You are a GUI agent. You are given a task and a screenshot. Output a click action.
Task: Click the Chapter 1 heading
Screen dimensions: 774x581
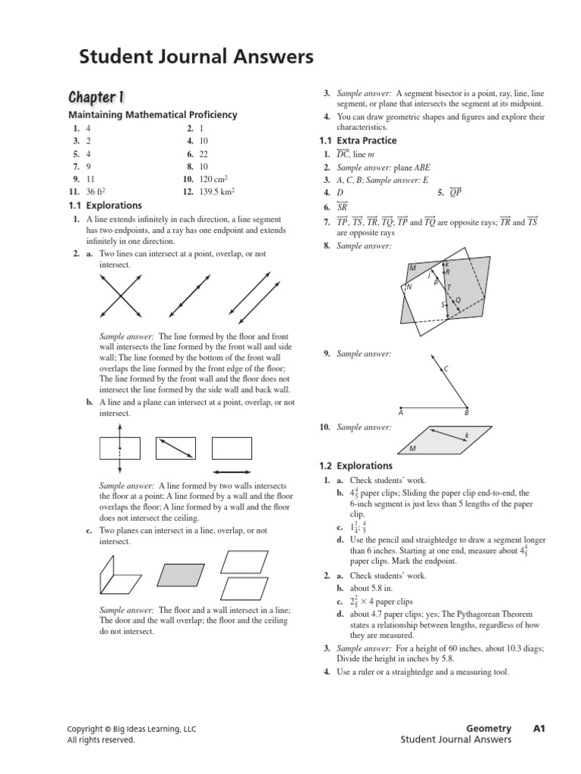click(x=96, y=97)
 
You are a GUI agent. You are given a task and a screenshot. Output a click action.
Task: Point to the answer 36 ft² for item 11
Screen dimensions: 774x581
click(x=96, y=192)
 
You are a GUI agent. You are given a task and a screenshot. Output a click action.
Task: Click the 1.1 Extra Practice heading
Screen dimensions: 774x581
click(x=359, y=141)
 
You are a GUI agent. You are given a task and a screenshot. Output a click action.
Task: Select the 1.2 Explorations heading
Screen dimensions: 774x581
click(x=354, y=466)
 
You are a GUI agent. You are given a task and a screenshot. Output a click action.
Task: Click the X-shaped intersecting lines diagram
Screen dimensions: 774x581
click(x=120, y=296)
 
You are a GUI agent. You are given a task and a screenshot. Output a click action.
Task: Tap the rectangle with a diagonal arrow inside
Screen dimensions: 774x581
click(x=176, y=448)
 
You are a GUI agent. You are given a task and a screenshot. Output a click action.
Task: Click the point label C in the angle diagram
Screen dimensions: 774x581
click(x=446, y=368)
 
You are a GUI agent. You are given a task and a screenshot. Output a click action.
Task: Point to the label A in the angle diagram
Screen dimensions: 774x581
click(x=400, y=413)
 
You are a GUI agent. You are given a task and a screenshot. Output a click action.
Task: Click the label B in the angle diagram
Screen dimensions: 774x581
click(x=466, y=413)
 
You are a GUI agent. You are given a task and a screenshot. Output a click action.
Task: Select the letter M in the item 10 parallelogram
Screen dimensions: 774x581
click(x=412, y=449)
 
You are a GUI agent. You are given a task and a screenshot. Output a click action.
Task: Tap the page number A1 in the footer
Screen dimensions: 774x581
click(x=539, y=729)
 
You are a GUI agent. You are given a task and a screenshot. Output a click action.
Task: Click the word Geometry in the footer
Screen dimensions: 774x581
click(x=489, y=729)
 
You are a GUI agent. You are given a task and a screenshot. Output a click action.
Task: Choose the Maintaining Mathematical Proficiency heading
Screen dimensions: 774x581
click(x=153, y=115)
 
